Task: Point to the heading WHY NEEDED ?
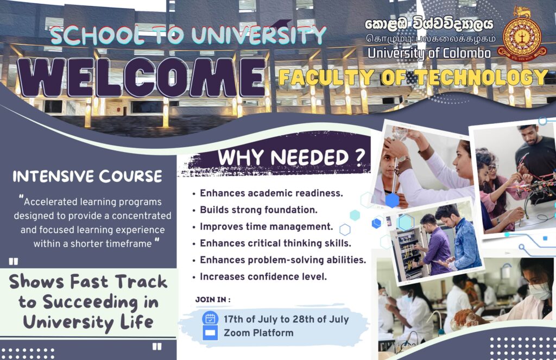290,157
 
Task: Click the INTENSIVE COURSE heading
87,176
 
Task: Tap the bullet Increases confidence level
263,276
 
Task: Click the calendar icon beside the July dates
210,318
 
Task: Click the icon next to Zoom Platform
210,333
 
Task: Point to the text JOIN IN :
213,299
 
